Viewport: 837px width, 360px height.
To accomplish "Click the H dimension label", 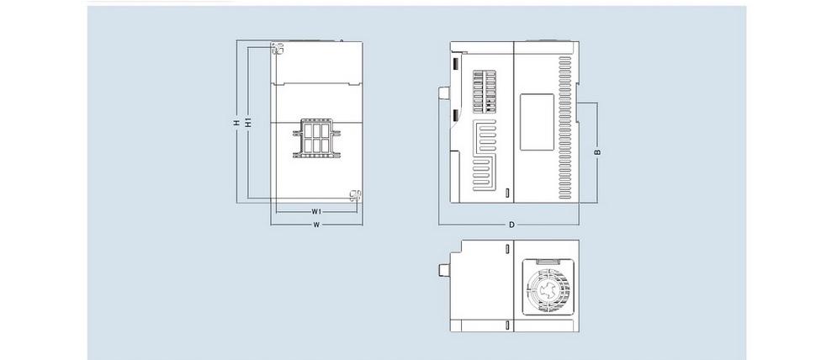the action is [x=236, y=122].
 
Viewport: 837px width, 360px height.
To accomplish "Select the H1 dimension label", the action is [x=247, y=122].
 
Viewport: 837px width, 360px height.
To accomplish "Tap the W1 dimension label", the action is [x=316, y=212].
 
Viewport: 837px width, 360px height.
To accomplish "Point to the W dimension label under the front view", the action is [x=316, y=225].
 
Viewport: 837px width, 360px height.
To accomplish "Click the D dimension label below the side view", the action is [x=511, y=225].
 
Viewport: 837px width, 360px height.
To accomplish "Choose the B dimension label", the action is [x=598, y=152].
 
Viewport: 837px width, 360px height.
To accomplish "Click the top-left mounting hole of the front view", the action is [x=277, y=48].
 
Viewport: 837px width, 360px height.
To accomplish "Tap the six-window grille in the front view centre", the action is [x=316, y=138].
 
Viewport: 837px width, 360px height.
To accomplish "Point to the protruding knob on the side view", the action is [x=443, y=93].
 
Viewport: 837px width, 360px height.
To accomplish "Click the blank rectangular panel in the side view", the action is [x=537, y=122].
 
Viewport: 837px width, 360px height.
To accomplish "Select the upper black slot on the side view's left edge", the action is [x=456, y=64].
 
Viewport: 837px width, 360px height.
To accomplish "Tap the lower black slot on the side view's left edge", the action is [x=456, y=115].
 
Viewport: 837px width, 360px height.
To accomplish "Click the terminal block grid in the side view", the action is [x=485, y=92].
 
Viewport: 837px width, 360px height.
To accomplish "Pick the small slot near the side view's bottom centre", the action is [x=507, y=193].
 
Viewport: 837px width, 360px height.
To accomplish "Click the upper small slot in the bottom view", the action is [x=507, y=248].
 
